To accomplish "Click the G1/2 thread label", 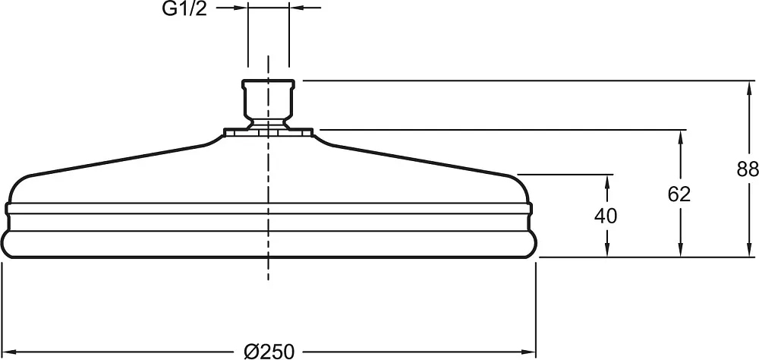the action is pos(184,8).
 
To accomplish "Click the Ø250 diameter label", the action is pos(269,352).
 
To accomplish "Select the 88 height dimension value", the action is pos(748,169).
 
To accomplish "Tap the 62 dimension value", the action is pos(679,194).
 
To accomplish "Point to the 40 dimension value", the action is pos(606,216).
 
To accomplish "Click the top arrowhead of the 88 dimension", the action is pos(749,89).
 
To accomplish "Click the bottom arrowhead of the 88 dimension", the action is pos(749,248).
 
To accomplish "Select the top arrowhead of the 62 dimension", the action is pos(680,138).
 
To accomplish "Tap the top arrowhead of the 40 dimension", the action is pos(606,183).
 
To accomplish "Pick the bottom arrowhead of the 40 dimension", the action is pos(606,248).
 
